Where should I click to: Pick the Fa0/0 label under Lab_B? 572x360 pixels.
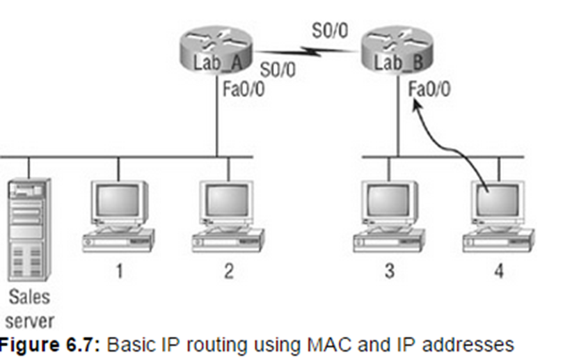tap(429, 88)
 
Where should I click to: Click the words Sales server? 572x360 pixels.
tap(30, 308)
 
